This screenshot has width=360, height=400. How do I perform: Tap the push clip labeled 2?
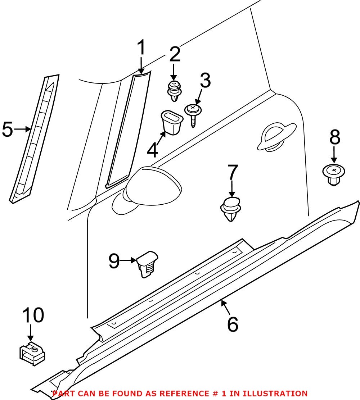[x=175, y=91]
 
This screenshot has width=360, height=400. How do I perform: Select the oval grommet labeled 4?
[x=172, y=122]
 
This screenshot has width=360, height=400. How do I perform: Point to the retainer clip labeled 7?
[x=230, y=209]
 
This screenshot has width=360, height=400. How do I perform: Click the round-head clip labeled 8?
[x=334, y=174]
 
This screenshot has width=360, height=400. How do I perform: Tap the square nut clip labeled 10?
[x=32, y=353]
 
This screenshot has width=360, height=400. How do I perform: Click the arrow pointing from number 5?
[x=22, y=129]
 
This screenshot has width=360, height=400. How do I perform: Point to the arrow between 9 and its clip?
[x=128, y=260]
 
